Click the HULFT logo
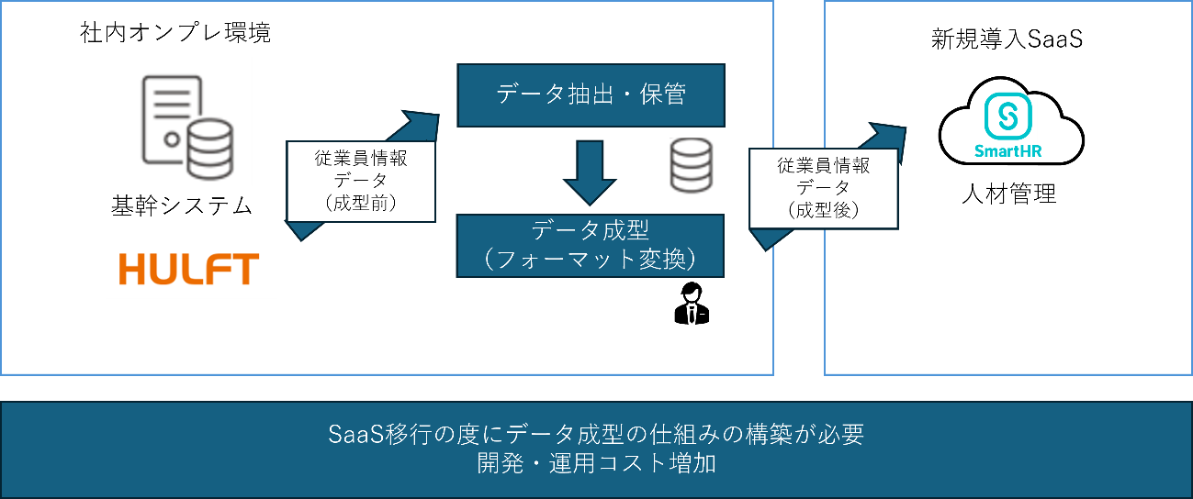point(191,270)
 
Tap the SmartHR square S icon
point(1008,119)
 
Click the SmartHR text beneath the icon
point(1008,152)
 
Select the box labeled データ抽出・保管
point(591,94)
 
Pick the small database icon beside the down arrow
point(691,167)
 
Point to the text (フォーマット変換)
point(591,260)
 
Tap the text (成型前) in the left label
point(361,204)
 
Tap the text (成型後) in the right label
point(823,210)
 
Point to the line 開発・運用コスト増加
point(595,463)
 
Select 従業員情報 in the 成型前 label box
point(361,158)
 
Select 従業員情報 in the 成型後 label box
point(823,166)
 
